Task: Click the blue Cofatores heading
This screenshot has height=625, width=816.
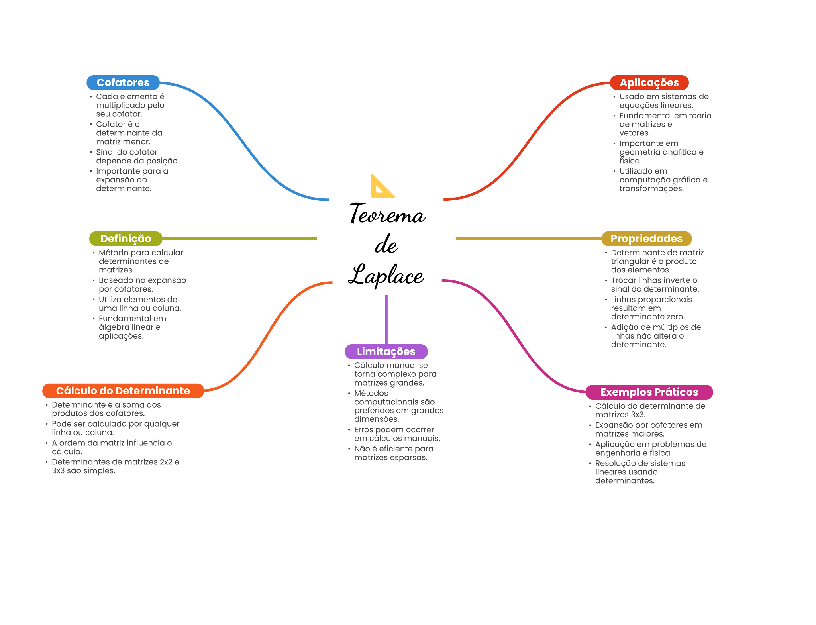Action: click(123, 82)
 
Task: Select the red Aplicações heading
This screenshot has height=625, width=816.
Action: click(649, 82)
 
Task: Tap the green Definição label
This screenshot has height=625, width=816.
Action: click(126, 239)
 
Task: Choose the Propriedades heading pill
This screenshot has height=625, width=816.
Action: click(646, 239)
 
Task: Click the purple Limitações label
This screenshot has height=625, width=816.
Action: click(386, 351)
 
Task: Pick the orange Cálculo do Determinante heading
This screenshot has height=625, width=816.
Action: click(123, 391)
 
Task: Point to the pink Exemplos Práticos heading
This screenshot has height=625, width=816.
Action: click(649, 392)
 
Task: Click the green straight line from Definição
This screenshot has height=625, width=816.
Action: click(239, 239)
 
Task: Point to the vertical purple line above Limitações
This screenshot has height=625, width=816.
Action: click(386, 319)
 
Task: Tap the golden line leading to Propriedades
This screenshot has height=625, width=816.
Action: click(526, 239)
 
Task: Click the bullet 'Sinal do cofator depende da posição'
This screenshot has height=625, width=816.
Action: click(137, 157)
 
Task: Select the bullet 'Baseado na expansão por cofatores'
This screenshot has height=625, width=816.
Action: click(142, 285)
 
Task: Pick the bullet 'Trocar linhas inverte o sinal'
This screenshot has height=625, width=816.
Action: click(655, 285)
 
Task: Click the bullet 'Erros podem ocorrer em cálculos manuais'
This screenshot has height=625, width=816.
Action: click(397, 434)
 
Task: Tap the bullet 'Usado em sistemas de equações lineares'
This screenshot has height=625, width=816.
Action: click(663, 101)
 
